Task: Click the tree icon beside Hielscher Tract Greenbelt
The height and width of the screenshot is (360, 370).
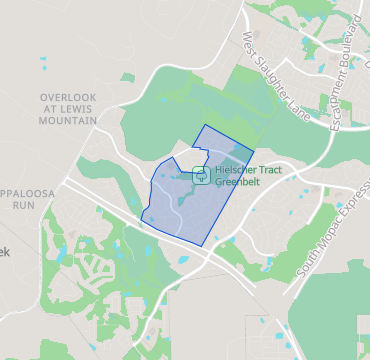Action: [199, 177]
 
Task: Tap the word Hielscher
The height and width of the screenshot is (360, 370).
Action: [228, 171]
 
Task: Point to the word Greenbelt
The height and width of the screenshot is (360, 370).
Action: [233, 183]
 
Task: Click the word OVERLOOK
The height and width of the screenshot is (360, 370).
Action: [68, 96]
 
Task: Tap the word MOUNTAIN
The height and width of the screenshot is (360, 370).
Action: [68, 120]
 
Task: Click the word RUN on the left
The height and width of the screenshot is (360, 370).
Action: [24, 204]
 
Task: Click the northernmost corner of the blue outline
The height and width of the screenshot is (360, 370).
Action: [204, 126]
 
